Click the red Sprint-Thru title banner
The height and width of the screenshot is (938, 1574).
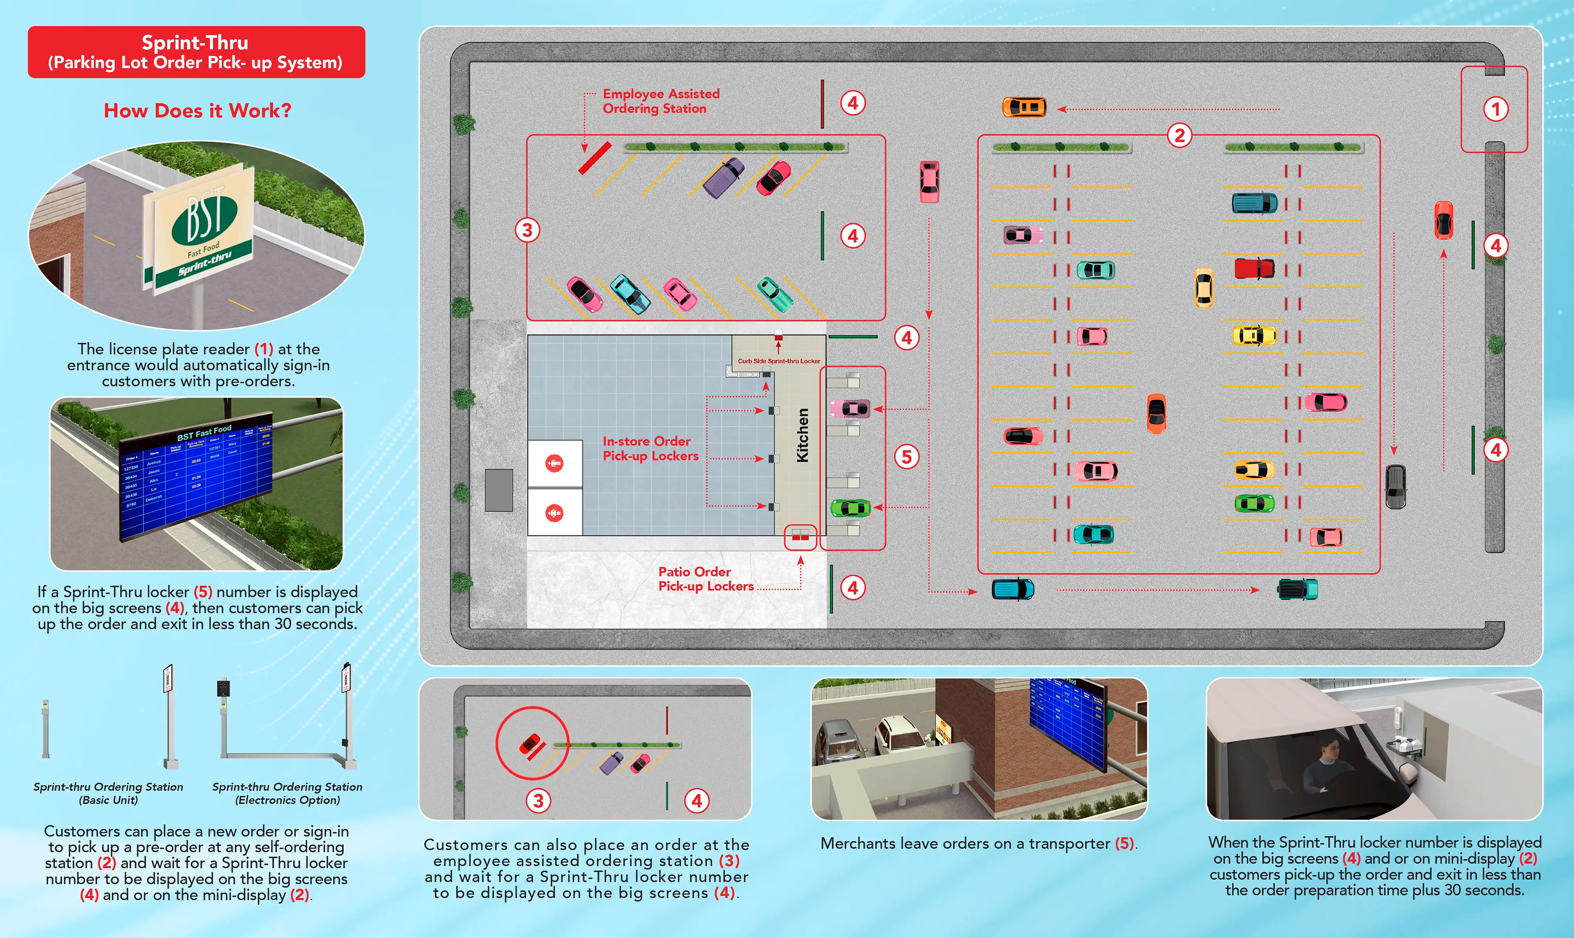pos(196,52)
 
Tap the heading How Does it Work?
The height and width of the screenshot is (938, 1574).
pos(197,111)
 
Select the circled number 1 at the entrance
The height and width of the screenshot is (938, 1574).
pos(1495,109)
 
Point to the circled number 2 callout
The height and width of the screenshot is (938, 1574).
pos(1179,135)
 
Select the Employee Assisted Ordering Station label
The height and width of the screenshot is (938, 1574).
pos(661,101)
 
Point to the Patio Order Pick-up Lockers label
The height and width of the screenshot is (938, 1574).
pos(705,579)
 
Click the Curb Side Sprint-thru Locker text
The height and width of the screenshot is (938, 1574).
pos(779,361)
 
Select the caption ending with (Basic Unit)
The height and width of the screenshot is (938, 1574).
pos(108,793)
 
